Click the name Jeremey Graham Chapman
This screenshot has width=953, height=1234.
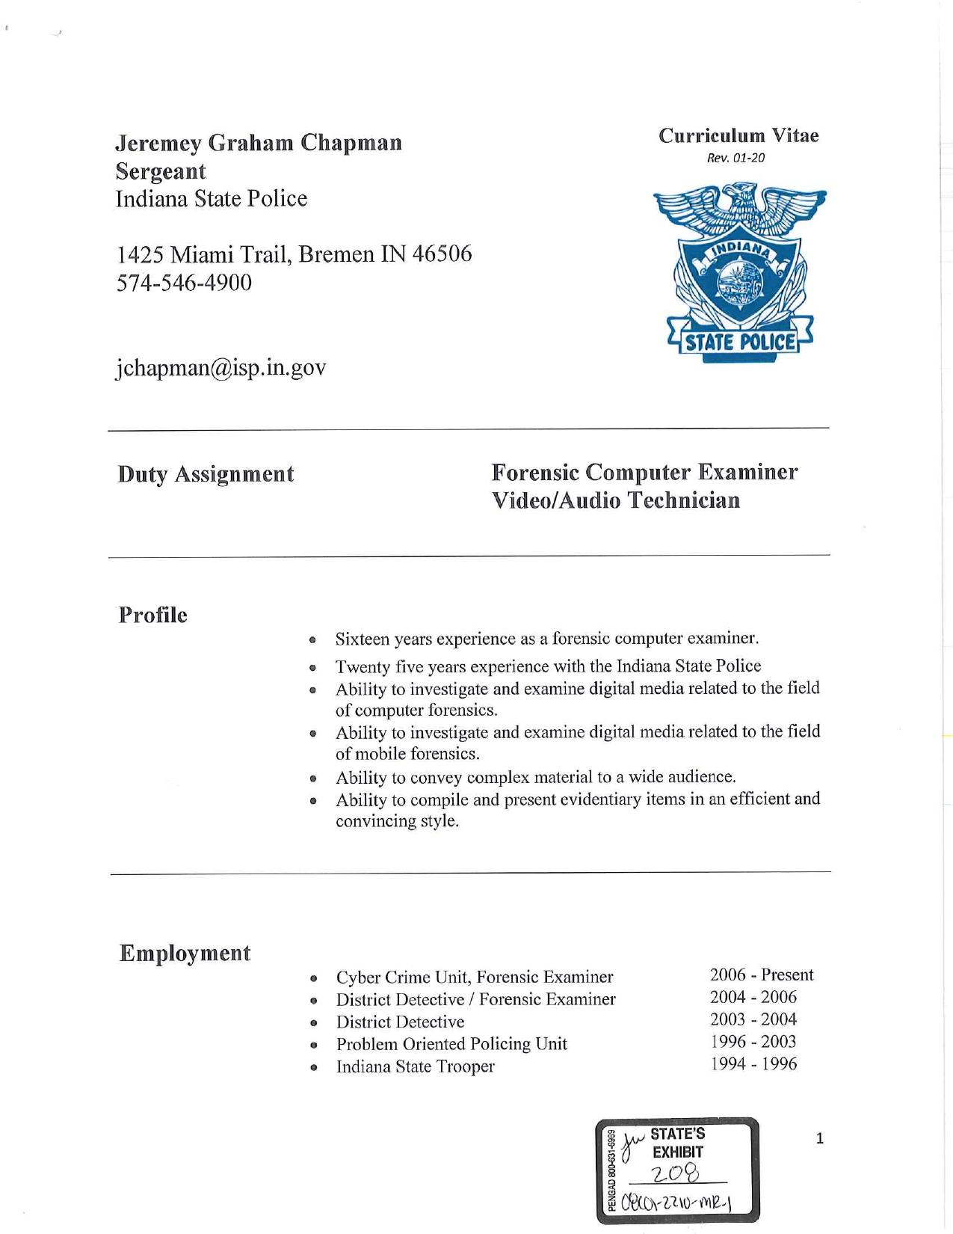pos(258,142)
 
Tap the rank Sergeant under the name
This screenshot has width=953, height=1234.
pos(160,171)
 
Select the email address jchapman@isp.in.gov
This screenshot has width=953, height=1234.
pos(220,368)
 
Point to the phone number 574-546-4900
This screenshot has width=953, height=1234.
pos(184,283)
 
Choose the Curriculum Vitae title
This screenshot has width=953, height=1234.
pos(738,135)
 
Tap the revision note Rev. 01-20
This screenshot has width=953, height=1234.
pos(735,158)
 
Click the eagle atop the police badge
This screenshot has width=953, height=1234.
pos(739,207)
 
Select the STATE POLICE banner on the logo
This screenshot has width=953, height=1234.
pos(739,343)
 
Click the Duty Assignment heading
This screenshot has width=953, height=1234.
pos(206,474)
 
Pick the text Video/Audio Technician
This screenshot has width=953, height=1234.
pos(615,500)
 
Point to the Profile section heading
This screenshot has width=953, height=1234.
pos(152,615)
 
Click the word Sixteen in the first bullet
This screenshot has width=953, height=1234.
pos(362,639)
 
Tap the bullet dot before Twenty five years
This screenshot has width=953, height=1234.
pos(314,668)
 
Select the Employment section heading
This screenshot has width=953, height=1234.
pos(185,953)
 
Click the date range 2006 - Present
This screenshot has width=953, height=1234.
pos(761,974)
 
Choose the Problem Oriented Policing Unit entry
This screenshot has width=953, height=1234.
pos(451,1044)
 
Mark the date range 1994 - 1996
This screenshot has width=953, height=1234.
pos(753,1063)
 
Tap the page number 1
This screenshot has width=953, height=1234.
pos(819,1139)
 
